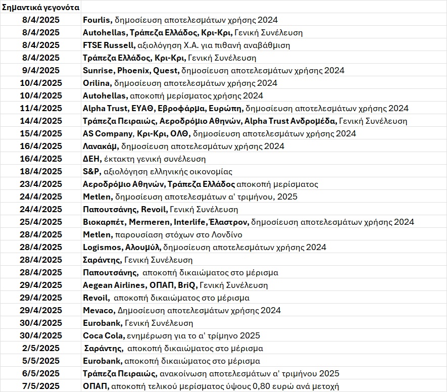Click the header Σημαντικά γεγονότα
point(40,8)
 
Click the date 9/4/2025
point(41,71)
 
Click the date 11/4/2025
point(41,109)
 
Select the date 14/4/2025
point(41,121)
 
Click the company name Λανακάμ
point(100,146)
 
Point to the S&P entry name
point(91,172)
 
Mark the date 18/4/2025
point(41,172)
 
